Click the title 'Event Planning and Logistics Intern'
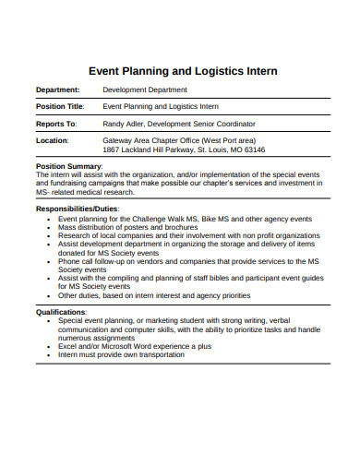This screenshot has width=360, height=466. coord(182,70)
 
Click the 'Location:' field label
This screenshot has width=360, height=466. coord(53,140)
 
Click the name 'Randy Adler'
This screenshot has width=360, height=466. coord(125,123)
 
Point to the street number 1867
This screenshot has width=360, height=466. coord(112,149)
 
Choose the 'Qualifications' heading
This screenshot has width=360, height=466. coord(61,312)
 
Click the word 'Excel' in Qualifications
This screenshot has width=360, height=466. coord(69,346)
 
